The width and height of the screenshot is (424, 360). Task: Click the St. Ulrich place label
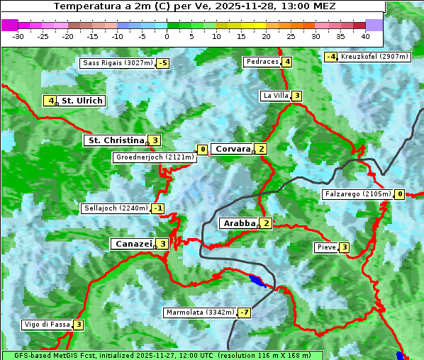tap(82, 101)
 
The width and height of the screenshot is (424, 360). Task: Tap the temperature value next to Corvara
tap(262, 149)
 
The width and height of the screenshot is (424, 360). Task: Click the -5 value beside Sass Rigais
tap(163, 63)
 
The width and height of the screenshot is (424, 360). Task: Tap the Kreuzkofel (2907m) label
tap(374, 57)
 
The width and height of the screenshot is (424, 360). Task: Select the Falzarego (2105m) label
tap(357, 194)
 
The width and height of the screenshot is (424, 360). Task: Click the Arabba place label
tap(238, 223)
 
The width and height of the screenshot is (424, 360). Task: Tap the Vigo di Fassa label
tap(47, 325)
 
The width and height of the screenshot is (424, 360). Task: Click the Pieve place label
tap(325, 247)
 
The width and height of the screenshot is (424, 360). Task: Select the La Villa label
tap(275, 96)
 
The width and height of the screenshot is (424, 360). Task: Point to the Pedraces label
tap(262, 62)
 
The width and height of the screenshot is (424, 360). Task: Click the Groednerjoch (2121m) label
tap(155, 157)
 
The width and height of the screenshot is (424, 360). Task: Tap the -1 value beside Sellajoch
tap(158, 208)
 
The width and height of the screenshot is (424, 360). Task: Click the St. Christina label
tap(115, 140)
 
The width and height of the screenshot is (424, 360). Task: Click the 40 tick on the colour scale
tap(365, 36)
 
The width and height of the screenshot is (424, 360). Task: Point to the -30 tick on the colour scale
tap(18, 36)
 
